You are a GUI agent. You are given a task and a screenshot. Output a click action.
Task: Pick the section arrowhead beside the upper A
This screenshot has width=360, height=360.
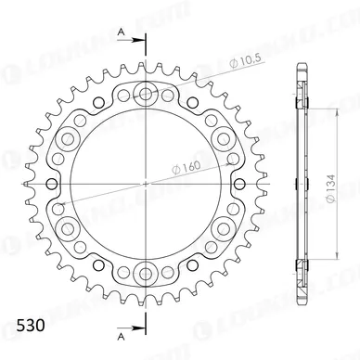click(x=139, y=41)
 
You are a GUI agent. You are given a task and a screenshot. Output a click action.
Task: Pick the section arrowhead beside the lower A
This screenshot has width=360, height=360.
click(x=139, y=326)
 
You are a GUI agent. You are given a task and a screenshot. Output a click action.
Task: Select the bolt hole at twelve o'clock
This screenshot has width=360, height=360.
click(x=146, y=94)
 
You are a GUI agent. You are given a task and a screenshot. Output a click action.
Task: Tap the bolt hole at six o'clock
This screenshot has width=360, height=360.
click(x=146, y=271)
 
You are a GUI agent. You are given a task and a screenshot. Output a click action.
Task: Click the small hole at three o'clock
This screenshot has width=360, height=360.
click(x=233, y=182)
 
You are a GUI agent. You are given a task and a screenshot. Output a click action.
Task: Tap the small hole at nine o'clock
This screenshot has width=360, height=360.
click(x=58, y=182)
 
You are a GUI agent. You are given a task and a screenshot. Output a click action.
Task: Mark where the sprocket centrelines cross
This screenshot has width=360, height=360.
click(x=146, y=182)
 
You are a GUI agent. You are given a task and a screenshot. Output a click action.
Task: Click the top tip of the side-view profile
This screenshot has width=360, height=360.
click(x=303, y=63)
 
